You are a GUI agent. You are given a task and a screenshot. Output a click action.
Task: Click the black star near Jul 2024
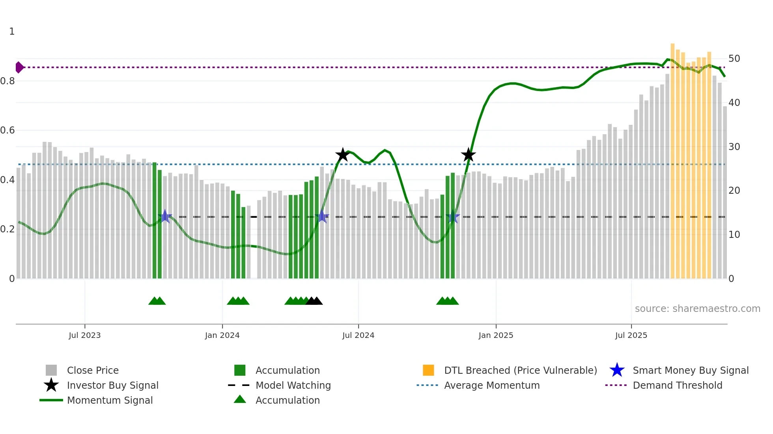tap(343, 155)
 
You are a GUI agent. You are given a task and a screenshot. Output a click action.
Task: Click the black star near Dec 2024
tap(468, 155)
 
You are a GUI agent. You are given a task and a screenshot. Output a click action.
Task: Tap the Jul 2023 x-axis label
tap(84, 335)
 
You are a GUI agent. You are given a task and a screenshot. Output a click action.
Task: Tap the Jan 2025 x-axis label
tap(496, 335)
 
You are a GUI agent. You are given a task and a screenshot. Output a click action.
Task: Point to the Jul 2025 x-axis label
tap(631, 335)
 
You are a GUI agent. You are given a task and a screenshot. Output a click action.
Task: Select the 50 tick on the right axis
tap(734, 59)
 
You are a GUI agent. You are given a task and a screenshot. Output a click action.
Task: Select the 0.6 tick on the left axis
tap(7, 130)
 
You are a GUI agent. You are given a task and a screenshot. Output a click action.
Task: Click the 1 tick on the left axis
tap(12, 32)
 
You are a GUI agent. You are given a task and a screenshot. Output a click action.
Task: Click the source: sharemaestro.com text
tap(697, 309)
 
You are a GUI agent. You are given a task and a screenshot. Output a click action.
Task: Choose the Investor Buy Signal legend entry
tap(112, 385)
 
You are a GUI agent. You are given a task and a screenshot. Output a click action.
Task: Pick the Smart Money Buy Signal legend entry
tap(690, 370)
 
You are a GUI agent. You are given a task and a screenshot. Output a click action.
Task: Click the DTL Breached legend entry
tap(520, 370)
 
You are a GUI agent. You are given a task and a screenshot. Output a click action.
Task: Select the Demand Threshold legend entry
tap(677, 385)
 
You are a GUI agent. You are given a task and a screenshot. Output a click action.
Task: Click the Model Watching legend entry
tap(293, 385)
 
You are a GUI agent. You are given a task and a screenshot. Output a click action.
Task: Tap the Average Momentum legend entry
tap(491, 385)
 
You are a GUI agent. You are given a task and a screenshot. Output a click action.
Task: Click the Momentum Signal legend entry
tap(110, 400)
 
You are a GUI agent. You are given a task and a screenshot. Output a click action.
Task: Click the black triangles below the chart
tap(314, 301)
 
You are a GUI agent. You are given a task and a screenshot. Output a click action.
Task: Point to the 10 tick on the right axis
tap(734, 235)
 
